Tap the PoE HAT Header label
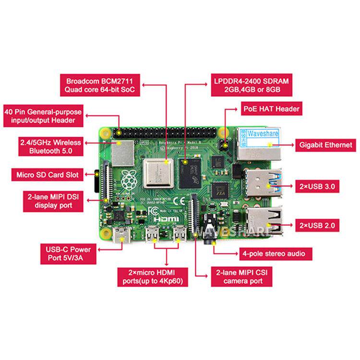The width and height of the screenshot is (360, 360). [x=271, y=109]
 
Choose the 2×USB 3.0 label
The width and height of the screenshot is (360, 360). [x=319, y=185]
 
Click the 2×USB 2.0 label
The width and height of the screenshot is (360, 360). [x=319, y=224]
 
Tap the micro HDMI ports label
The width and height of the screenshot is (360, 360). [x=152, y=277]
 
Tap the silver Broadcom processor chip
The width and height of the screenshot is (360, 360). [x=157, y=173]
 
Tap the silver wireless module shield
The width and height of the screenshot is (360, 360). [x=123, y=152]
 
